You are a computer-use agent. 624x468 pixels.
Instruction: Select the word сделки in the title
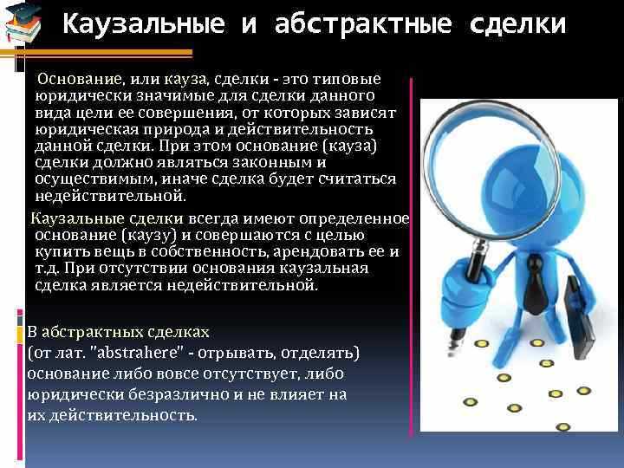coord(517,23)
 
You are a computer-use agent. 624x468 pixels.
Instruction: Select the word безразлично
coord(164,394)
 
